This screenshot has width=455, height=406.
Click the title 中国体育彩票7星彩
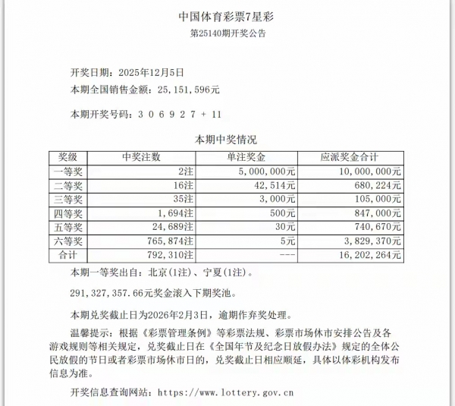click(x=227, y=16)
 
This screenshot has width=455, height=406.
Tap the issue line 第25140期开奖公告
click(x=227, y=33)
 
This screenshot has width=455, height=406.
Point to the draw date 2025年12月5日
click(x=152, y=73)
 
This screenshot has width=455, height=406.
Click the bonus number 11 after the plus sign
click(x=216, y=115)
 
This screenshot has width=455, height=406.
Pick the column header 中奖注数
click(x=141, y=157)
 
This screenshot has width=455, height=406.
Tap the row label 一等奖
click(x=67, y=172)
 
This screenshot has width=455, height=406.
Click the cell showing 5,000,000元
click(x=266, y=172)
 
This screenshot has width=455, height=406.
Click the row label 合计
click(x=67, y=255)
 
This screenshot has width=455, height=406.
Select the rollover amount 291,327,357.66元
click(x=121, y=291)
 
